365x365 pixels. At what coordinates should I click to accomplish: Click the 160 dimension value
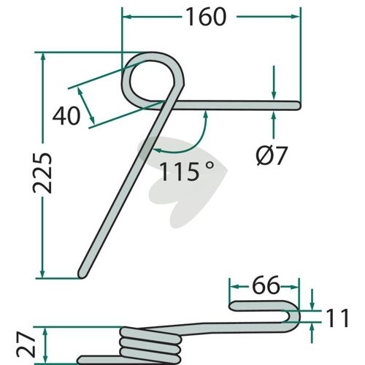coord(207,17)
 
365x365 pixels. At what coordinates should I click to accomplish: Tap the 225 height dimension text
coord(42,173)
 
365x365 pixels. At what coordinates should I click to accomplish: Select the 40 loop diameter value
coord(66,115)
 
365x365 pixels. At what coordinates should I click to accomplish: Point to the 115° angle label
coord(187,172)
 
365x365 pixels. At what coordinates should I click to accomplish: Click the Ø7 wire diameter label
coord(272,155)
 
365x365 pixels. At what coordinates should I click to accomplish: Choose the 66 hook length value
coord(266,285)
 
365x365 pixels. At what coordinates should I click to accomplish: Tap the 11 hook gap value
coord(337,318)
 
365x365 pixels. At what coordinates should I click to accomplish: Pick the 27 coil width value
coord(26,345)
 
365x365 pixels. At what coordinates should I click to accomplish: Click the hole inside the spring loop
coord(153,80)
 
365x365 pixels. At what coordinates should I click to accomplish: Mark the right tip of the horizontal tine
coord(300,105)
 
